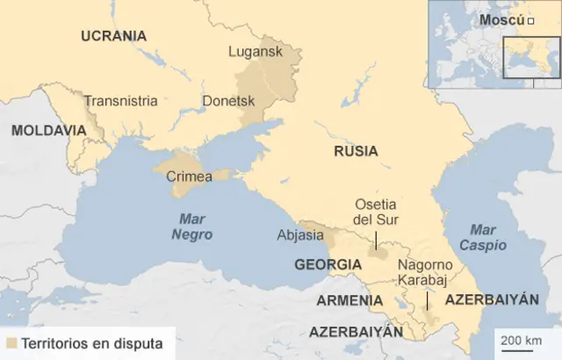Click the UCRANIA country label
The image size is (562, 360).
click(x=113, y=36)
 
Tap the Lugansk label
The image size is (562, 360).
click(x=256, y=52)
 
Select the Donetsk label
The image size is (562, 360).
click(x=228, y=101)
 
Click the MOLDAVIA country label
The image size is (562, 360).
click(x=48, y=130)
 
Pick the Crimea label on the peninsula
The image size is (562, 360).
click(x=189, y=176)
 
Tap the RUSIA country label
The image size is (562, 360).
click(x=356, y=151)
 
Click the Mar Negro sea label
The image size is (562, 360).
click(x=191, y=227)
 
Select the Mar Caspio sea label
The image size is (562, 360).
click(x=482, y=237)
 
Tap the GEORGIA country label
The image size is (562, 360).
click(x=328, y=264)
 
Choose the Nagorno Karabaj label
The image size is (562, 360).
click(x=426, y=272)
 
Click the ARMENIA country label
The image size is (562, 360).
click(x=349, y=300)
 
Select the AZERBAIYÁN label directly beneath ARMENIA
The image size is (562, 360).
click(x=356, y=332)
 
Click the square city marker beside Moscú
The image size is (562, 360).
click(x=531, y=20)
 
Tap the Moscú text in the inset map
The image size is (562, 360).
click(x=502, y=20)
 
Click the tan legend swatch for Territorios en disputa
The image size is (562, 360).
click(x=11, y=342)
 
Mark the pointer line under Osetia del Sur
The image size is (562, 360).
click(x=376, y=240)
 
